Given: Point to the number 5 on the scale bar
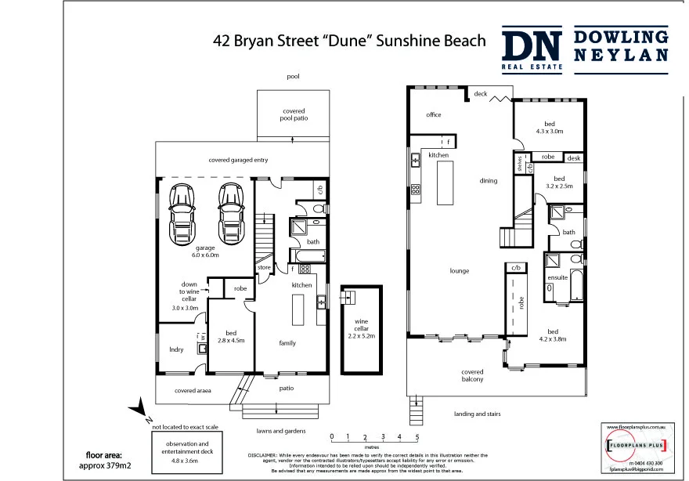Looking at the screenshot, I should click(x=417, y=436).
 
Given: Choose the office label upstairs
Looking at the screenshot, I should click(x=434, y=115).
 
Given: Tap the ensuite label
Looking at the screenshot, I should click(x=557, y=277).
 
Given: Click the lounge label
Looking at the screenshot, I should click(x=459, y=271).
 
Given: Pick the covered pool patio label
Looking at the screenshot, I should click(x=294, y=115).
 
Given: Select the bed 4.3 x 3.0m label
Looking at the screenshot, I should click(x=550, y=128).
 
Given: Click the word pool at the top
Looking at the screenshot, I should click(x=294, y=77).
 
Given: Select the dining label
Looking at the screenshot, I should click(x=489, y=181).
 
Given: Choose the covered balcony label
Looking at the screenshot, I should click(x=472, y=375).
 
